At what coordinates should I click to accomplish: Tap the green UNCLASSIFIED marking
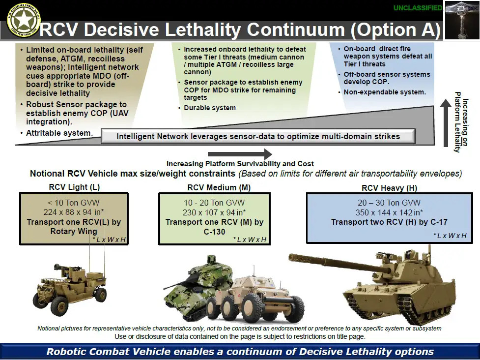point(418,8)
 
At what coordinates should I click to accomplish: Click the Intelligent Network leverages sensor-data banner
point(258,136)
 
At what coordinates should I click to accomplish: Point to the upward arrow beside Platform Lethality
point(445,122)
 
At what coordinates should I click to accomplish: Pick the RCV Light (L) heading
point(74,187)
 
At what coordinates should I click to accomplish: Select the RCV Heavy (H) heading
point(389,187)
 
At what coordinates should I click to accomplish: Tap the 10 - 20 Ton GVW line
point(214,203)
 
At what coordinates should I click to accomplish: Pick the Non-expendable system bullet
point(385,92)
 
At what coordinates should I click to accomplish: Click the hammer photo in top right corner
point(461,20)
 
